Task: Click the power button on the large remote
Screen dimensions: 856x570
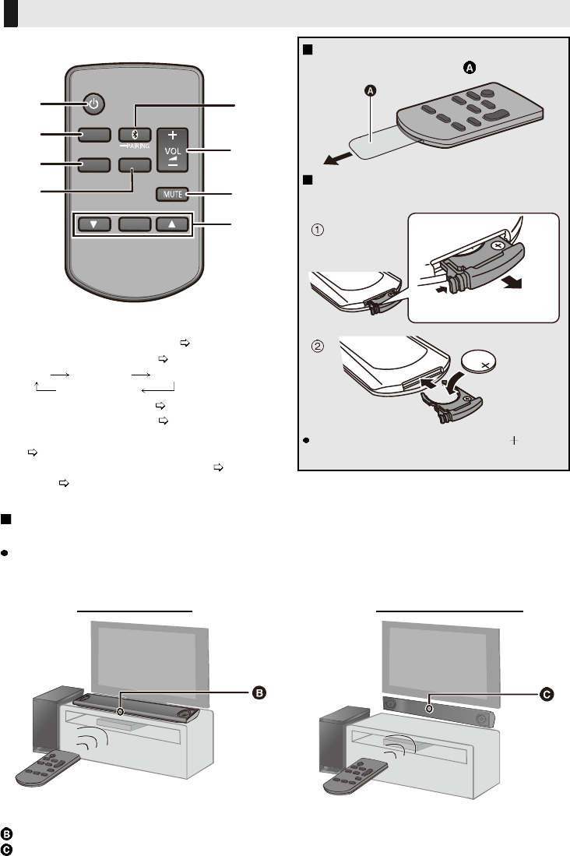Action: [x=93, y=104]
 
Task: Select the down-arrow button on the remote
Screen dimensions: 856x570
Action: [x=93, y=224]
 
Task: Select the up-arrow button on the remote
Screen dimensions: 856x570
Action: [x=172, y=224]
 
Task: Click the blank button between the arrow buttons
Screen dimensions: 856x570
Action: [x=133, y=224]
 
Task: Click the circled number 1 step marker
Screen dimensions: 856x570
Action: [x=318, y=231]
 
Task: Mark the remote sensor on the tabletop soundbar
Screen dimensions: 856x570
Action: [x=119, y=711]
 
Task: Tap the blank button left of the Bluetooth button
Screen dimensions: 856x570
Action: [x=93, y=136]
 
